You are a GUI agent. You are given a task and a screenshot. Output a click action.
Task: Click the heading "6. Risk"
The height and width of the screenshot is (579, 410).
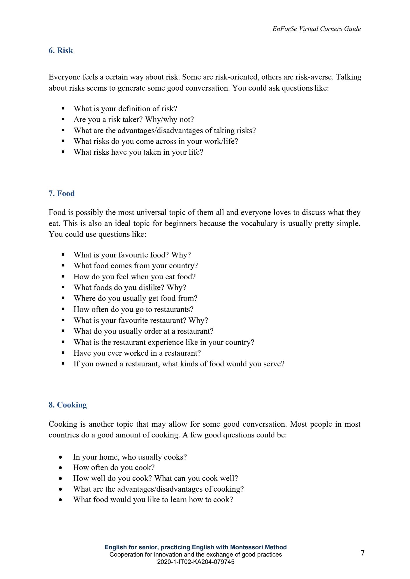[x=61, y=50]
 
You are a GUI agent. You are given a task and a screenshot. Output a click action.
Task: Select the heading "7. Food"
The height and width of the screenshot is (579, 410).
[x=61, y=193]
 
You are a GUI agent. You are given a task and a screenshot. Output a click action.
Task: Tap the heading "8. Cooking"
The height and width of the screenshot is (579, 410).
[x=68, y=405]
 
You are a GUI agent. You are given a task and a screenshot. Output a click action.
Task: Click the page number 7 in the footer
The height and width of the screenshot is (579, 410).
[x=363, y=553]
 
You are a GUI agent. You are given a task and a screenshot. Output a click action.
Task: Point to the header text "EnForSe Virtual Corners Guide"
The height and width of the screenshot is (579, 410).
[x=316, y=29]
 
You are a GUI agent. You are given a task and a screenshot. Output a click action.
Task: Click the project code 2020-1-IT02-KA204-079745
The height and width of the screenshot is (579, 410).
[x=196, y=562]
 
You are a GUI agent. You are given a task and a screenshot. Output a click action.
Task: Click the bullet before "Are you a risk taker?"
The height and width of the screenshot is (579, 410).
[x=63, y=119]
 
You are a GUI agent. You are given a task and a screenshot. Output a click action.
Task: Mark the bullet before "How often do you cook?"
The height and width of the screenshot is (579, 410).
[x=60, y=468]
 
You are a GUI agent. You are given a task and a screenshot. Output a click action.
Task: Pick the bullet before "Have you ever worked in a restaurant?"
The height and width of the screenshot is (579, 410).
[x=63, y=353]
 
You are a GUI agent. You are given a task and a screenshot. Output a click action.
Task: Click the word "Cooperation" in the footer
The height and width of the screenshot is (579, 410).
[x=126, y=555]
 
